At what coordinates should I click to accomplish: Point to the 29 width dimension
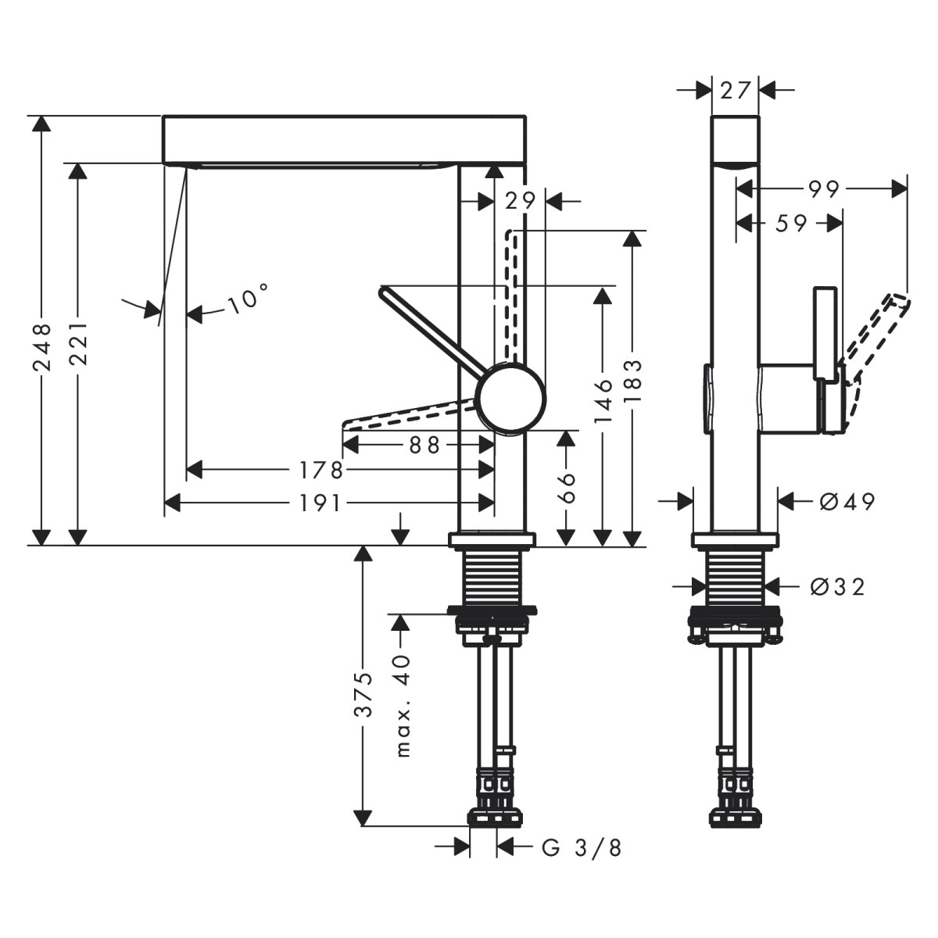click(520, 201)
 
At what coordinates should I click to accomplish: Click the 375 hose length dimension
click(363, 693)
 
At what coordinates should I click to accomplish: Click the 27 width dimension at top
click(735, 90)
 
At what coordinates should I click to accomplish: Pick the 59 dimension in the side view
click(791, 224)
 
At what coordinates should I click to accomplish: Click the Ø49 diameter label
click(847, 501)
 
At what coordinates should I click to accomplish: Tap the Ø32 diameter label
click(837, 585)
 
